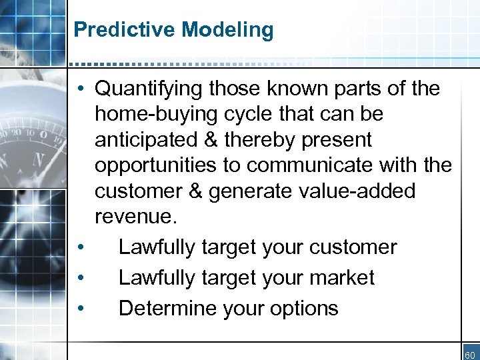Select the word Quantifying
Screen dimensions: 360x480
149,88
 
